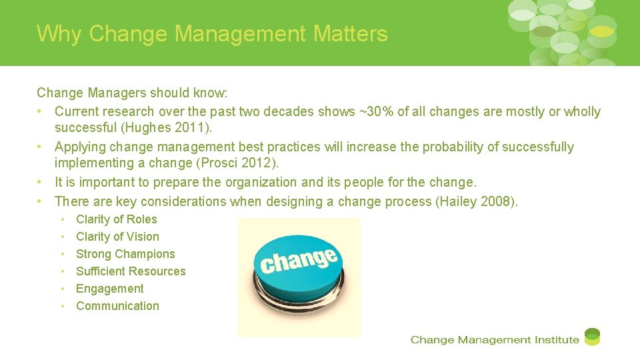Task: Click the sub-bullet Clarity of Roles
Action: pos(117,219)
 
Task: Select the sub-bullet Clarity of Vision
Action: pos(117,237)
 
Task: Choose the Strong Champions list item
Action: pos(125,254)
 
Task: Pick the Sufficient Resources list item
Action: pos(131,271)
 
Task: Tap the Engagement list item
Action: pos(110,289)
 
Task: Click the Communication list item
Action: pos(117,306)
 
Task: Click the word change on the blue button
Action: pos(299,260)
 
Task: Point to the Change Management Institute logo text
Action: pos(495,340)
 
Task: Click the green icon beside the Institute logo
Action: pos(592,337)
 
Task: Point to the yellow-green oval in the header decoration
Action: pos(602,31)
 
